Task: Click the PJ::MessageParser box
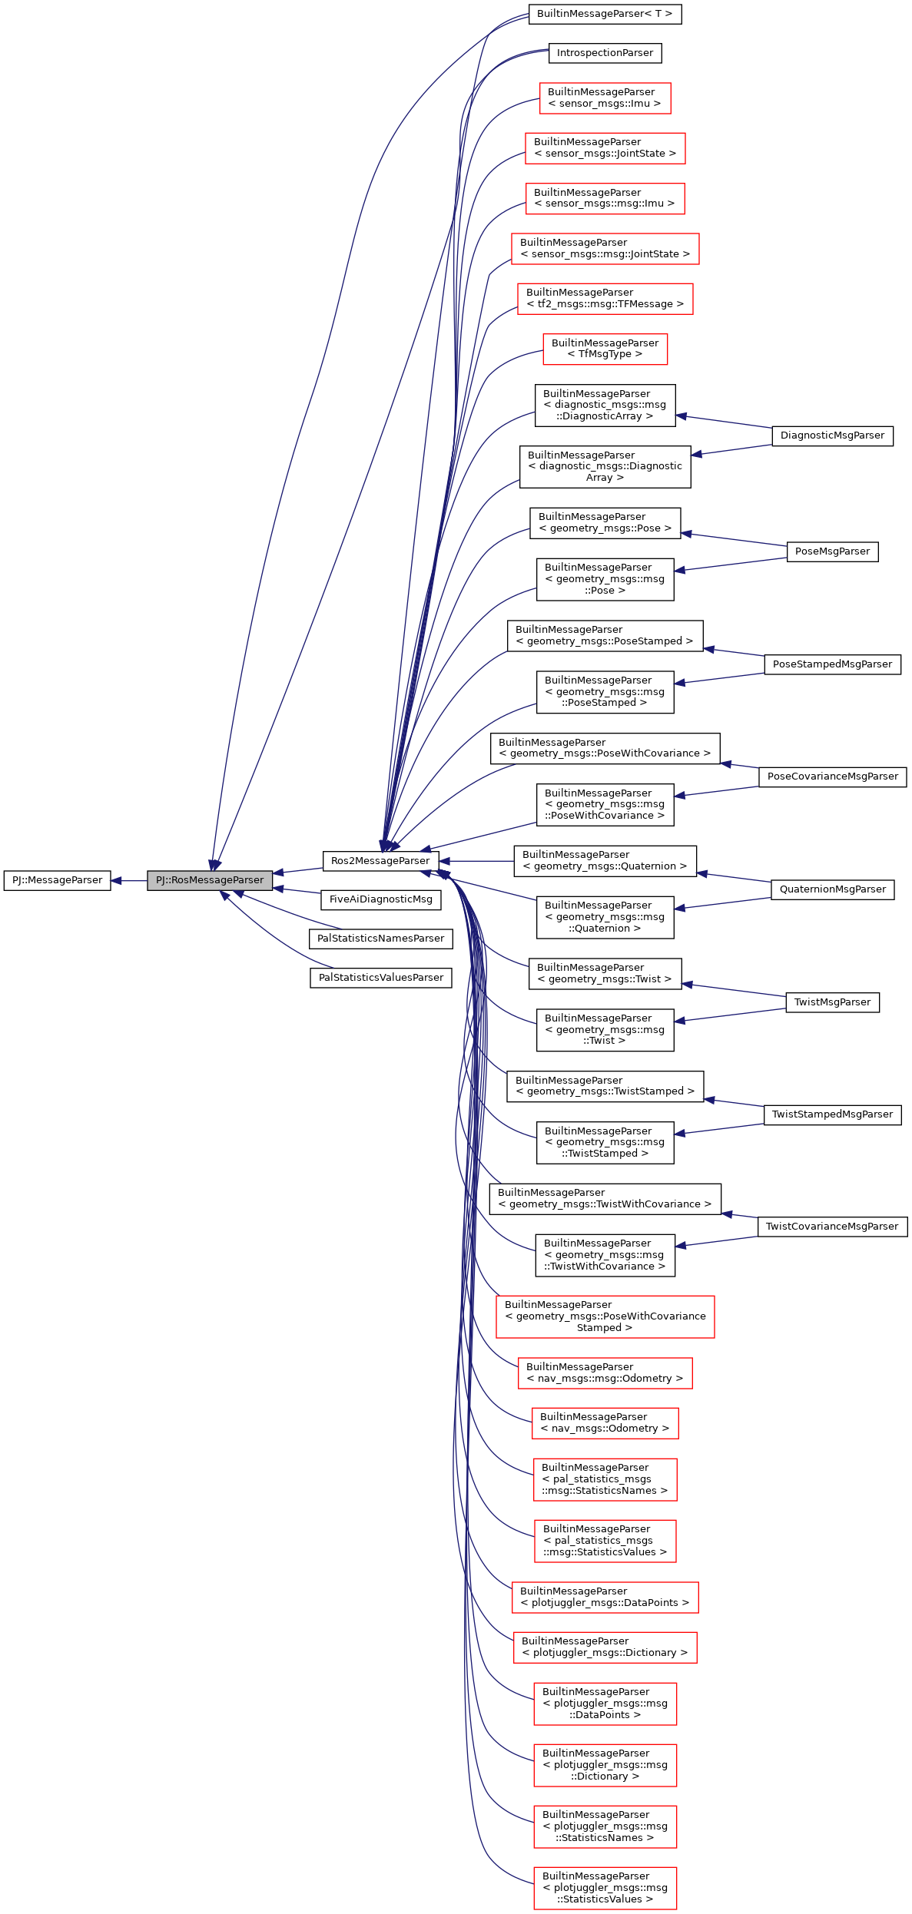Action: click(x=58, y=880)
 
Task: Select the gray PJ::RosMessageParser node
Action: click(x=210, y=880)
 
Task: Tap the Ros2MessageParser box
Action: click(x=380, y=861)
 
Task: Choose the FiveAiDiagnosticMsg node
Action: click(x=380, y=899)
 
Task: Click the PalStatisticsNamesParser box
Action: click(x=380, y=939)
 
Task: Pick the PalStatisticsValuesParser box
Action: click(x=380, y=978)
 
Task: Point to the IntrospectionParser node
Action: click(x=605, y=53)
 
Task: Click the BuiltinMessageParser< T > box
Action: click(x=605, y=14)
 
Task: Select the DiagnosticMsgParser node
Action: click(x=832, y=435)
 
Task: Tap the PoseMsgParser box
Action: click(x=832, y=551)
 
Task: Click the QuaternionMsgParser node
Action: click(x=832, y=889)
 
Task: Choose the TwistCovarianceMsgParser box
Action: click(x=832, y=1227)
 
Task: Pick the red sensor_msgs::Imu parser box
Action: click(x=605, y=98)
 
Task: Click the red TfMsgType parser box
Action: click(x=605, y=349)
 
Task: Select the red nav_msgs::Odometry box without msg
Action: click(x=605, y=1423)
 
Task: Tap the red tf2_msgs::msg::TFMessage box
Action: click(x=605, y=299)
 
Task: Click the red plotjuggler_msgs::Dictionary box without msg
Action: click(x=605, y=1647)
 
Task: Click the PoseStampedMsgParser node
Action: click(x=832, y=664)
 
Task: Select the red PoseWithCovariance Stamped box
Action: click(x=605, y=1316)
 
